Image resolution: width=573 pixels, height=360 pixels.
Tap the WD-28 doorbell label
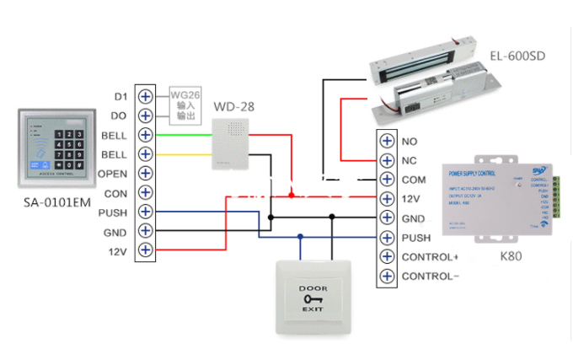[233, 107]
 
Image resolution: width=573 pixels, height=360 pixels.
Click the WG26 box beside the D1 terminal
[185, 103]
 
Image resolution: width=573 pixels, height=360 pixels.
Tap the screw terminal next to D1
[145, 96]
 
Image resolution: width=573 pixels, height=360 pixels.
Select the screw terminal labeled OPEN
[145, 174]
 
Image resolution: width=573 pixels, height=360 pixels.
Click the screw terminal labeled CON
[145, 193]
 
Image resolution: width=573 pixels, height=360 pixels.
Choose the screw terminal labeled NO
[387, 142]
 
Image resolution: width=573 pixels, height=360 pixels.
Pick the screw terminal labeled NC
[387, 161]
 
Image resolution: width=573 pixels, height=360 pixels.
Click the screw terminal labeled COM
[387, 180]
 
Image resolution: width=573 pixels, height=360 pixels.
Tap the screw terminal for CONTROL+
[387, 257]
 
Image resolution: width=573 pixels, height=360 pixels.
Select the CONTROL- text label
[431, 277]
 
